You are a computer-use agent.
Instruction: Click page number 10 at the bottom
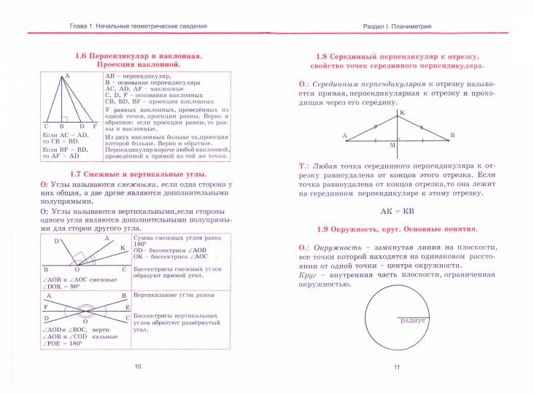pyautogui.click(x=138, y=366)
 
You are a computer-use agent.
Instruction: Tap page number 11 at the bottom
pyautogui.click(x=397, y=366)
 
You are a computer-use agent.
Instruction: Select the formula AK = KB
pyautogui.click(x=398, y=211)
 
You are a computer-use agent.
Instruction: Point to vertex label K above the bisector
pyautogui.click(x=401, y=112)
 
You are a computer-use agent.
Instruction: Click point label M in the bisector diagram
pyautogui.click(x=392, y=145)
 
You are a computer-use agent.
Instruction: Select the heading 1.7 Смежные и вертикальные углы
pyautogui.click(x=138, y=174)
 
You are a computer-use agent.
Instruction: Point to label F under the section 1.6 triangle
pyautogui.click(x=93, y=127)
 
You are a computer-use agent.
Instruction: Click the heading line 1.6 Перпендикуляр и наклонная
pyautogui.click(x=138, y=56)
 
